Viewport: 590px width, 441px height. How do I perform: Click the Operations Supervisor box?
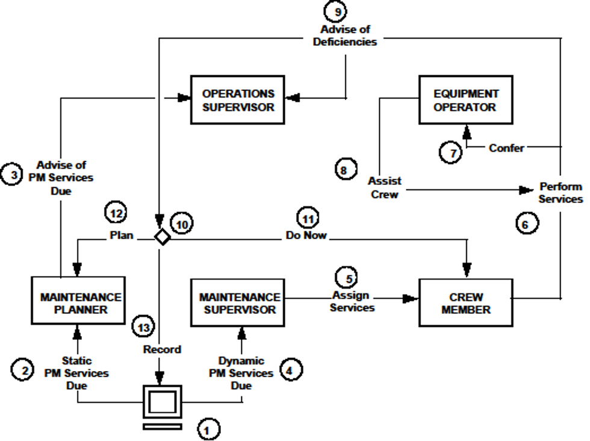point(237,100)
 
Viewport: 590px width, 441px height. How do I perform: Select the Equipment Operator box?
point(465,100)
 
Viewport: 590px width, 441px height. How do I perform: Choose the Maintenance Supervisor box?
point(239,303)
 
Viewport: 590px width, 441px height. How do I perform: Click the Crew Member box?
point(466,303)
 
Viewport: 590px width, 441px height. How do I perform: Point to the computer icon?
point(162,405)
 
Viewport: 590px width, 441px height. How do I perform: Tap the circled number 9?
point(336,11)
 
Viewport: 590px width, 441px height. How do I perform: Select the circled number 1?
point(208,429)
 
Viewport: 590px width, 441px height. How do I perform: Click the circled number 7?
point(451,153)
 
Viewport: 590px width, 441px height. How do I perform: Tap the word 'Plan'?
point(120,234)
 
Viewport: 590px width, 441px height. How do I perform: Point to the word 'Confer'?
point(506,148)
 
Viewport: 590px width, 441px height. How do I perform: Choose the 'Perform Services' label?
point(560,193)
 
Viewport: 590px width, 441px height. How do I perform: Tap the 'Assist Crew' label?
point(385,187)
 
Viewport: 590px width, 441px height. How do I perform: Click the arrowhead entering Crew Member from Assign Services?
point(412,298)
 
